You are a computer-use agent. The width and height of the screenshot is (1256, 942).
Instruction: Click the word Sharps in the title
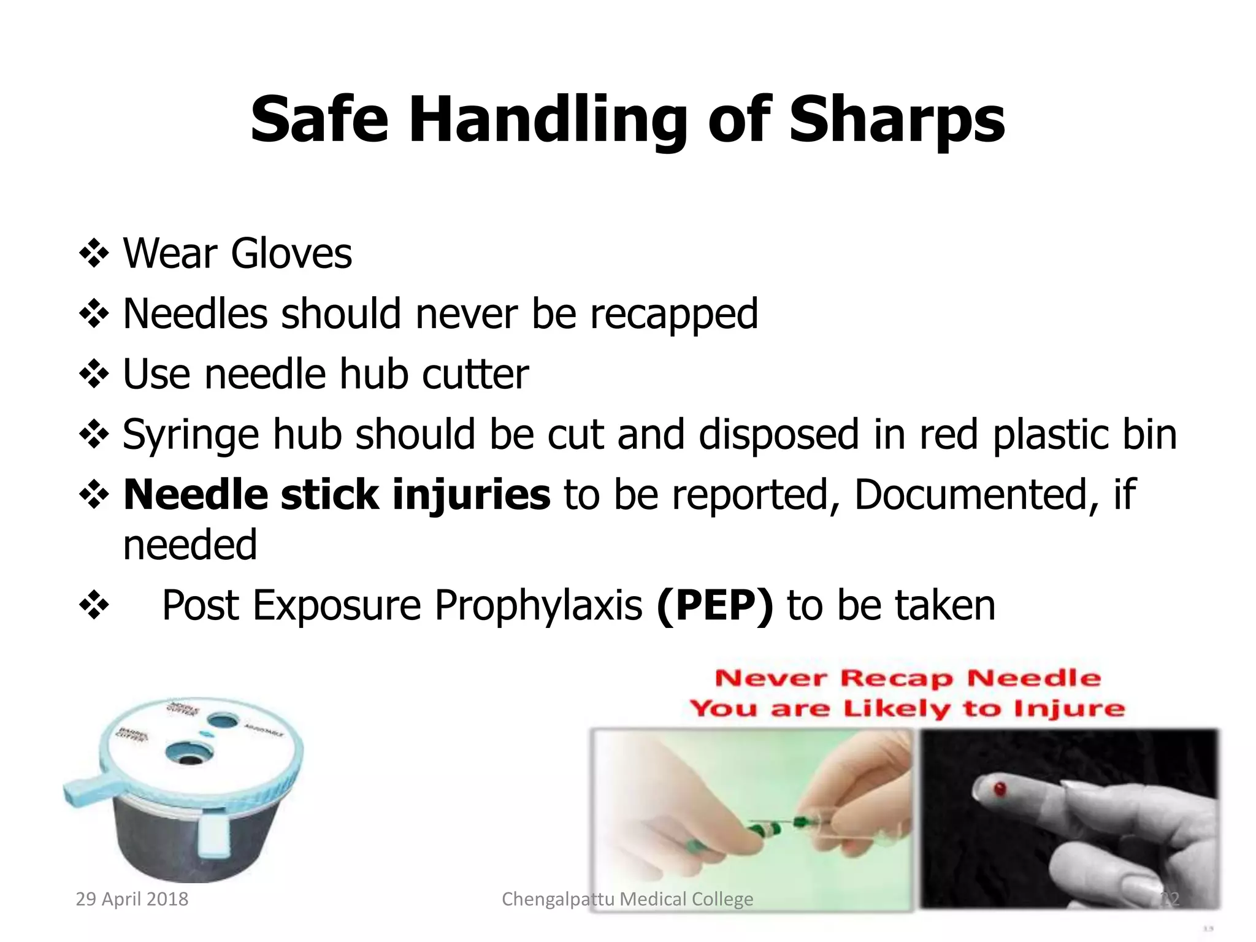pos(897,120)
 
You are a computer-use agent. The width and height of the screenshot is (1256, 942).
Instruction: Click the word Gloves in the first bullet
pos(291,253)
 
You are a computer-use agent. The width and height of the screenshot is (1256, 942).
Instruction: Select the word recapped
pos(674,314)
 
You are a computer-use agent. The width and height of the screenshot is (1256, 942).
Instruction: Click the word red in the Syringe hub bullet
pos(948,434)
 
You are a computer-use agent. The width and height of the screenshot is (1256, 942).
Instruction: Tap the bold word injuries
pos(471,494)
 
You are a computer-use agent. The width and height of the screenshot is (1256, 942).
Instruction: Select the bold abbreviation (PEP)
pos(714,605)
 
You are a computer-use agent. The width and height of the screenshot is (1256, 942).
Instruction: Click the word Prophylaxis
pos(538,605)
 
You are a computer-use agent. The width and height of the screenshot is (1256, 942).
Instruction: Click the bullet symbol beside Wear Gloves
pos(94,253)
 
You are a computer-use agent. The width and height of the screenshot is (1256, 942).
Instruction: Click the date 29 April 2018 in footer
pos(132,899)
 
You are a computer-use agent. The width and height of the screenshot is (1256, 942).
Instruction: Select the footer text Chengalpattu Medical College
pos(627,899)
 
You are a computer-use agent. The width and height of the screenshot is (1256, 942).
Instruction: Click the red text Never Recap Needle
pos(908,678)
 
